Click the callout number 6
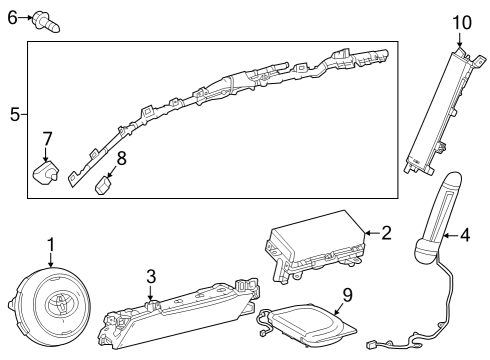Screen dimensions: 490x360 pyautogui.click(x=12, y=18)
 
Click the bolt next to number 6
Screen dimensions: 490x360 pyautogui.click(x=46, y=22)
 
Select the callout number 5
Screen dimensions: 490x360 pyautogui.click(x=15, y=114)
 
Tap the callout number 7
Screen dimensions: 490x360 pyautogui.click(x=47, y=139)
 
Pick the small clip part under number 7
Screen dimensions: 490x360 pyautogui.click(x=46, y=172)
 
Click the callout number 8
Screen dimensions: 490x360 pyautogui.click(x=121, y=158)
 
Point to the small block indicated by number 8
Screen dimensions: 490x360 pyautogui.click(x=103, y=185)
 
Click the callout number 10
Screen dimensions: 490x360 pyautogui.click(x=462, y=23)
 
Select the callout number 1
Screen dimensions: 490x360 pyautogui.click(x=51, y=245)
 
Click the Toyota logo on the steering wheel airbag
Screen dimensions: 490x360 pyautogui.click(x=61, y=305)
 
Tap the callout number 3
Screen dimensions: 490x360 pyautogui.click(x=151, y=277)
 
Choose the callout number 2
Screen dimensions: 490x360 pyautogui.click(x=386, y=233)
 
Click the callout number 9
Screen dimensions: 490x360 pyautogui.click(x=347, y=295)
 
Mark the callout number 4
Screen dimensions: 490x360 pyautogui.click(x=465, y=235)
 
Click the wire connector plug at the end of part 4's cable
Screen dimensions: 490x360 pyautogui.click(x=371, y=345)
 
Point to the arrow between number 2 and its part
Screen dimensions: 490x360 pyautogui.click(x=372, y=233)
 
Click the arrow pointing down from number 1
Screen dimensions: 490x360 pyautogui.click(x=51, y=260)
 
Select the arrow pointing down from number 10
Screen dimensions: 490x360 pyautogui.click(x=459, y=39)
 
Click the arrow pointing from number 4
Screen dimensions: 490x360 pyautogui.click(x=451, y=236)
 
